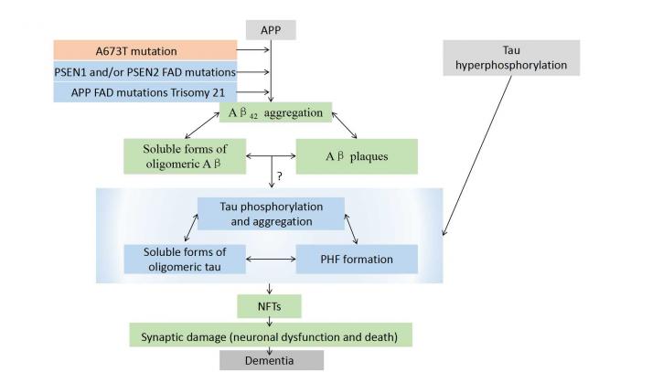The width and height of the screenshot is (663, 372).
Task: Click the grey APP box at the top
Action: click(x=271, y=30)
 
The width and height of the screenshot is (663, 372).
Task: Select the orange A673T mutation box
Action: click(x=145, y=51)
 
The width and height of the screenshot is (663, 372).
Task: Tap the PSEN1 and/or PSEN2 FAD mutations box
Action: click(x=145, y=72)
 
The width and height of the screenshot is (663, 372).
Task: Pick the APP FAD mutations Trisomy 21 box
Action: click(x=145, y=92)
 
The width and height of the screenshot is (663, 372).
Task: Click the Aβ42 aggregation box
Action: click(x=275, y=112)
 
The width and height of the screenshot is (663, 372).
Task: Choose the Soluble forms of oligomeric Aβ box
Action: click(x=185, y=156)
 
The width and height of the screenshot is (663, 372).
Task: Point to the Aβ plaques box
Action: click(x=357, y=156)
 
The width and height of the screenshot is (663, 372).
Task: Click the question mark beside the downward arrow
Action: click(x=280, y=176)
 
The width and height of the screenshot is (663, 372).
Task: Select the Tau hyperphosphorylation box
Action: click(x=511, y=58)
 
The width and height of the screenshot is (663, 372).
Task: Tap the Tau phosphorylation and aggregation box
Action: click(x=271, y=214)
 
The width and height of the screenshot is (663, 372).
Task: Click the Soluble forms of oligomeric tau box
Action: click(x=185, y=260)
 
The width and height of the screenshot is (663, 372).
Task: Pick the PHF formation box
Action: click(x=357, y=260)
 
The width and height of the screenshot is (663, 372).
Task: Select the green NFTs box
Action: click(x=270, y=306)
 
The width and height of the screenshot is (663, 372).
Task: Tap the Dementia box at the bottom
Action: click(x=272, y=360)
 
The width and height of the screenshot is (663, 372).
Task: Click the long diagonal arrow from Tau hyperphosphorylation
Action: click(x=477, y=155)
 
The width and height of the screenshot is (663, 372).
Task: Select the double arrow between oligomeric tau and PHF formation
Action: click(x=271, y=259)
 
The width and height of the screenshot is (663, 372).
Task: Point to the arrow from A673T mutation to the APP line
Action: click(x=252, y=50)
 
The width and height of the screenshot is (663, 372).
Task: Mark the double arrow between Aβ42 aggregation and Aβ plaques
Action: click(x=344, y=125)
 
